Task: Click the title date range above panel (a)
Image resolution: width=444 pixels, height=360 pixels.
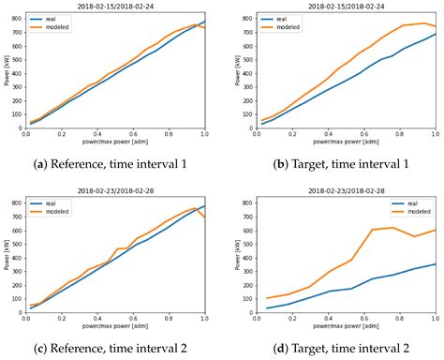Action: pos(124,6)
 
